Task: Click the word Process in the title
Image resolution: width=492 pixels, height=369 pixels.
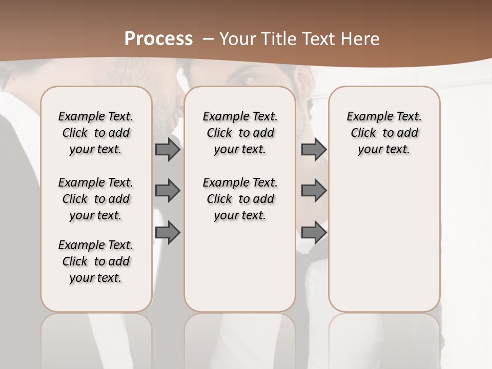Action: tap(158, 39)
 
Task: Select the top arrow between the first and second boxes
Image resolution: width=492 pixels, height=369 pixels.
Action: tap(168, 150)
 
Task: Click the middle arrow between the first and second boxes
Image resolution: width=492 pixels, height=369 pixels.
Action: tap(168, 191)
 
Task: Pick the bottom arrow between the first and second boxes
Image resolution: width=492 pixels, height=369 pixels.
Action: tap(168, 233)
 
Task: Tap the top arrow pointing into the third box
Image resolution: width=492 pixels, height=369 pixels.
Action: tap(314, 150)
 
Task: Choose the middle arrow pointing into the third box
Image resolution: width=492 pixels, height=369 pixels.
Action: tap(314, 191)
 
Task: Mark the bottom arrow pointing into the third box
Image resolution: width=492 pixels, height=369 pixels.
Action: tap(314, 233)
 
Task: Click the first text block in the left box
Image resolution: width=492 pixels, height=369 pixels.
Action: tap(96, 133)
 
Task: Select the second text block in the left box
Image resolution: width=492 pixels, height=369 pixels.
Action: tap(96, 199)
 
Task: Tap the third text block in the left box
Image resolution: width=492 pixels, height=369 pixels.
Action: tap(96, 261)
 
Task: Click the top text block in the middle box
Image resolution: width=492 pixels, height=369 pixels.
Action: tap(240, 133)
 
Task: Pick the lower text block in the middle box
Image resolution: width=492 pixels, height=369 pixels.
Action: tap(240, 199)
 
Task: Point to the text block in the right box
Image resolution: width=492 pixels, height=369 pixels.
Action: tap(384, 133)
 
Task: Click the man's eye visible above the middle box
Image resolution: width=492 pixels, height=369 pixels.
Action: tap(248, 80)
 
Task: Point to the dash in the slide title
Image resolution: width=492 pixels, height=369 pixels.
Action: tap(208, 39)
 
